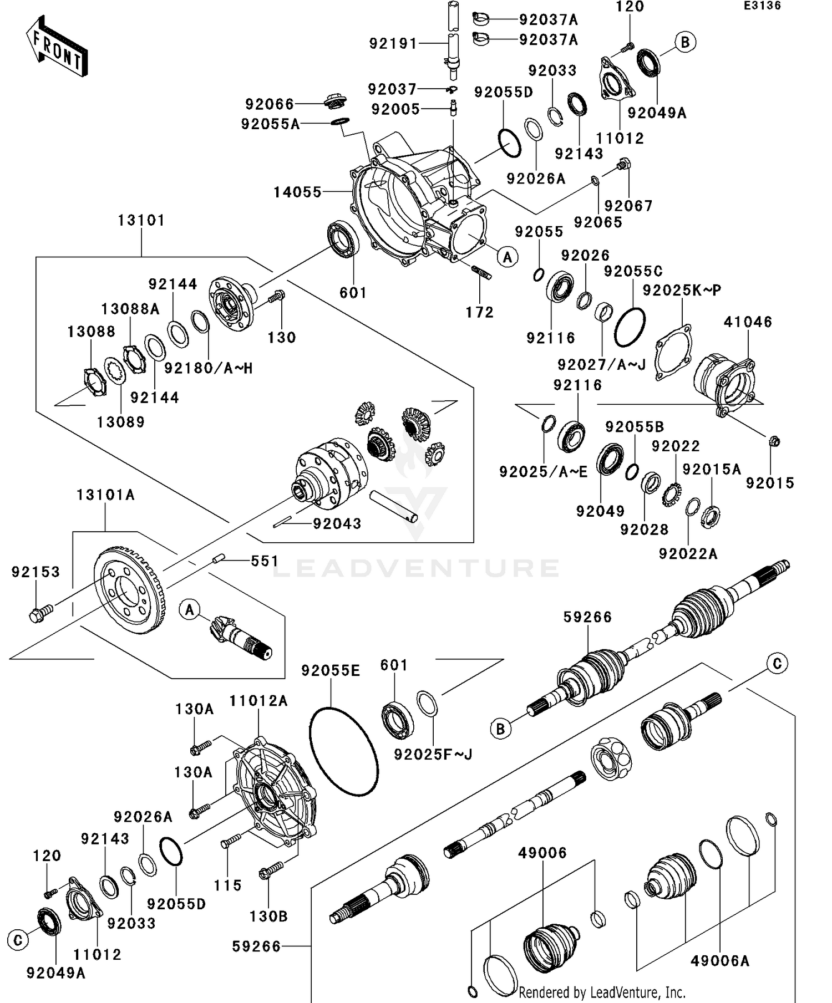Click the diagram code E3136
point(762,6)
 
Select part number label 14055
point(297,192)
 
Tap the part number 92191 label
point(393,43)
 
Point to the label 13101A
point(105,495)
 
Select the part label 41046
point(748,322)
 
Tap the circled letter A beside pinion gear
point(190,610)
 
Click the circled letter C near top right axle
point(777,664)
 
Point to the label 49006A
point(719,961)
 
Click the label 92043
point(337,524)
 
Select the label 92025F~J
point(433,755)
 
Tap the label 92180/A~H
point(208,368)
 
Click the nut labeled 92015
point(775,441)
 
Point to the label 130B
point(268,917)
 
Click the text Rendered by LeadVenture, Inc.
point(602,992)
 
